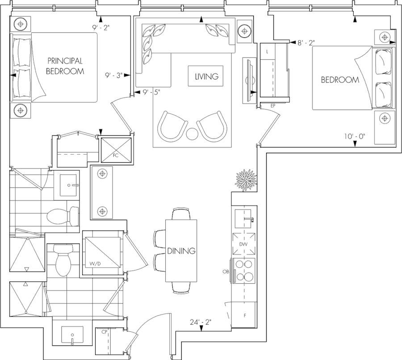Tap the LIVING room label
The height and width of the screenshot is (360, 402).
point(205,77)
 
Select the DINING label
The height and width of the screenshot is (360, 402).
point(181,251)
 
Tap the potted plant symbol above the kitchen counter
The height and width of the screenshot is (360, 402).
point(245,179)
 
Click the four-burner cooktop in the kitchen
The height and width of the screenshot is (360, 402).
point(244,270)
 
